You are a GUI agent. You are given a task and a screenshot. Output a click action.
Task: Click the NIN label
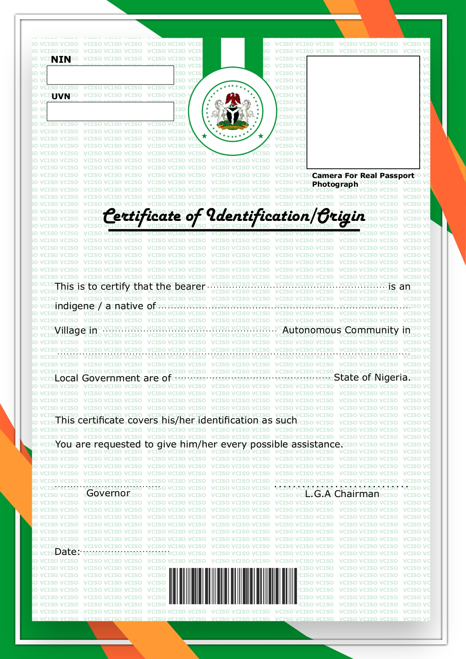(61, 59)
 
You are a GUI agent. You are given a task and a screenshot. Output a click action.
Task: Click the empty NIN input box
(110, 75)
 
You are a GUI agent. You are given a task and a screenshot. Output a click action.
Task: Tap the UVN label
(61, 96)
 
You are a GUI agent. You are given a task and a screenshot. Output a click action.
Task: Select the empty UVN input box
(110, 111)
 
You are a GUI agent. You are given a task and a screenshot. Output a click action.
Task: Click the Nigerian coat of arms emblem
(232, 111)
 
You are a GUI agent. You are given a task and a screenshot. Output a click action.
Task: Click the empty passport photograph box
(363, 112)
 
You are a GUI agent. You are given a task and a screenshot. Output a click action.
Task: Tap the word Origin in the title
(341, 216)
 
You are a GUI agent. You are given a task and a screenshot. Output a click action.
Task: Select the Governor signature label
(108, 493)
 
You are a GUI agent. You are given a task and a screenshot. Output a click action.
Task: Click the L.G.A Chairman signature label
(342, 494)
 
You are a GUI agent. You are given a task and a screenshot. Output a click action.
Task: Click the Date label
(67, 552)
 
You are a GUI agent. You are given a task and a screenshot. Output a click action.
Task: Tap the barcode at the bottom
(233, 586)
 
